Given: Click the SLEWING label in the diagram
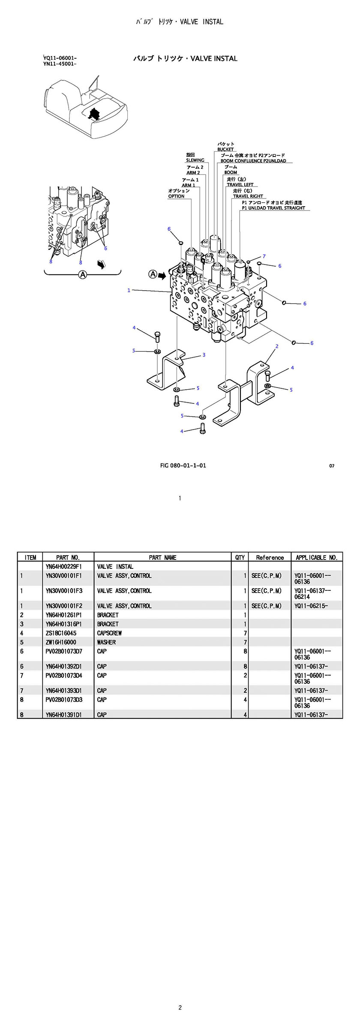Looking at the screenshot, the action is tap(195, 160).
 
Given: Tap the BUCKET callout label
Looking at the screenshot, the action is tap(225, 150).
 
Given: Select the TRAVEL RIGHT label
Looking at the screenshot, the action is tap(248, 196).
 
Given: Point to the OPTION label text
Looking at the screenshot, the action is tap(176, 196).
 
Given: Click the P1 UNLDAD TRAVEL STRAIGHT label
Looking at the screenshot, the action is tap(273, 208).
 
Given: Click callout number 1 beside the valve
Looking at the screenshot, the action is tap(129, 290).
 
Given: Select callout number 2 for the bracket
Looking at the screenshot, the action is tap(277, 346).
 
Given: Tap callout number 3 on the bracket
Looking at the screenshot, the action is tap(204, 355).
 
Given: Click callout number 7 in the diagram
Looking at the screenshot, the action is tap(264, 256).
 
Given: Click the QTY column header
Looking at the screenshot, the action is tap(240, 557).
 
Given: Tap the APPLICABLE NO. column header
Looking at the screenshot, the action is tap(317, 557).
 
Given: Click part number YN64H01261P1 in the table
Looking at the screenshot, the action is tap(63, 615).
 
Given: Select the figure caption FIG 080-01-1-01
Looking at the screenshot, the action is tap(183, 466).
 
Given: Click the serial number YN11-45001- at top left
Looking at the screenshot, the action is tap(60, 64).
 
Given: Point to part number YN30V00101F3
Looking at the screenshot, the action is tap(63, 591).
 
